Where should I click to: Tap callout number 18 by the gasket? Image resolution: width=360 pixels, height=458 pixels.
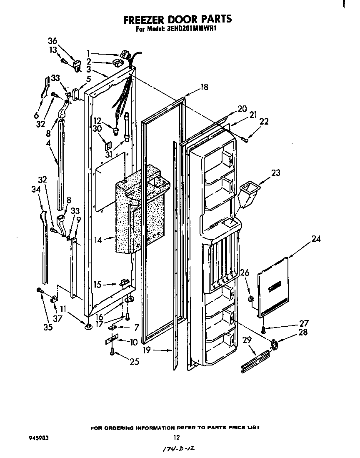(204, 87)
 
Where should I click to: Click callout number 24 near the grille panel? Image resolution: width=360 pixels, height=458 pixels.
(316, 239)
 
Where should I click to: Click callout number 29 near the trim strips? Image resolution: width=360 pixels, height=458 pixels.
(247, 340)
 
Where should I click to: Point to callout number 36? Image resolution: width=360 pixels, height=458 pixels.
(52, 41)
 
